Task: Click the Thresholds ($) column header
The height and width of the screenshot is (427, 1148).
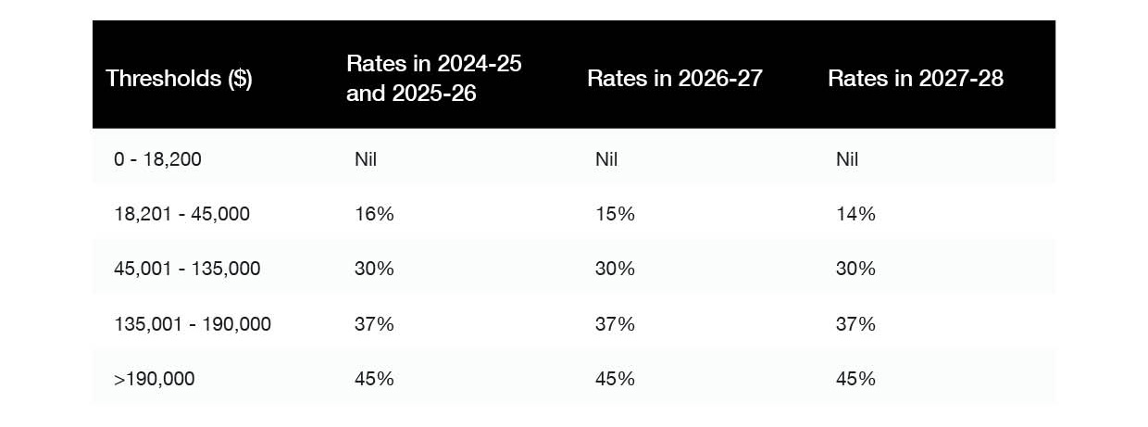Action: click(179, 78)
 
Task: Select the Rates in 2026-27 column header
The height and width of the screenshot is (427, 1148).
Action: click(674, 78)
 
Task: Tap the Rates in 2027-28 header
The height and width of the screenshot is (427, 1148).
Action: click(915, 78)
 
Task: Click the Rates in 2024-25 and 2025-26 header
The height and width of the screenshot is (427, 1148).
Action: click(433, 78)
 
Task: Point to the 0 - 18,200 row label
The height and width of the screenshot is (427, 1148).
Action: click(157, 159)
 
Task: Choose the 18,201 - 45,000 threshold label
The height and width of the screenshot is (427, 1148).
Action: click(181, 214)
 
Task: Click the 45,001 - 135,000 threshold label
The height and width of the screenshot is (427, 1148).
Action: click(187, 269)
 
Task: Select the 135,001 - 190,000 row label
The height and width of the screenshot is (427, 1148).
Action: click(193, 324)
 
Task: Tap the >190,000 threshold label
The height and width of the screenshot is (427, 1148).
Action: click(155, 379)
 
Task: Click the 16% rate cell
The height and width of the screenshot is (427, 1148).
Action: click(374, 214)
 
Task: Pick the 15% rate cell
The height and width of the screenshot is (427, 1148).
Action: click(615, 214)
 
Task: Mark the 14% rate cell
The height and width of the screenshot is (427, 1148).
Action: click(855, 214)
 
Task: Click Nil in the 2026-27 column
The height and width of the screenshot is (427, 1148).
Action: click(606, 159)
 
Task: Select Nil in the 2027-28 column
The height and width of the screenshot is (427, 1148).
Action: click(847, 159)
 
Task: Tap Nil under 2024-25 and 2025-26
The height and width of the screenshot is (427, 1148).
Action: click(366, 159)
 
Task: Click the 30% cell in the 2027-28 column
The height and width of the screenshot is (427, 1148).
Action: click(855, 269)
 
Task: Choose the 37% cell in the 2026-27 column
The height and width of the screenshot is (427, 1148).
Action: click(615, 324)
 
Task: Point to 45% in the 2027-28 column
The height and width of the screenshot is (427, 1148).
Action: click(855, 379)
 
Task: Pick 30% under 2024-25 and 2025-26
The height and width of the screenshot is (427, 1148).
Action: click(374, 269)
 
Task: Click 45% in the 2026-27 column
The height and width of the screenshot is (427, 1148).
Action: click(615, 379)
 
